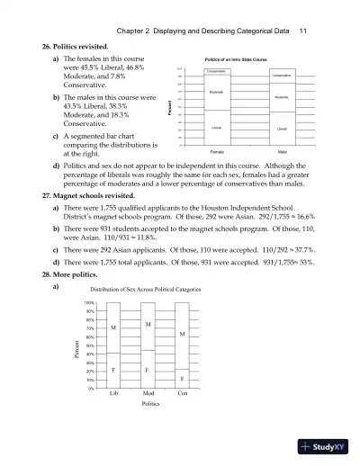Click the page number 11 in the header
(302, 31)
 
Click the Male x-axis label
(282, 153)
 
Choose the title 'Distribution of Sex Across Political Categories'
(146, 290)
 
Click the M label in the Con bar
(182, 334)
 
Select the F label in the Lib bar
(113, 370)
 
